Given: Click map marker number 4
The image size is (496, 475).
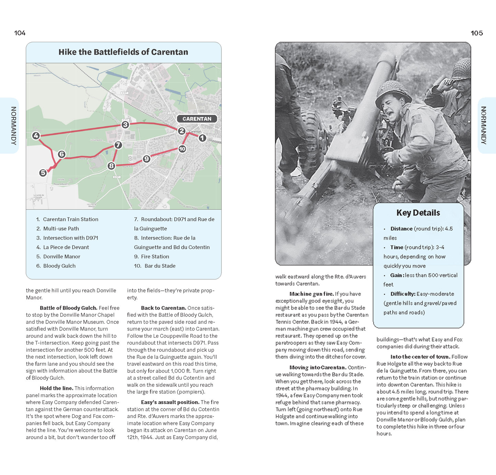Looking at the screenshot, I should coord(36,136).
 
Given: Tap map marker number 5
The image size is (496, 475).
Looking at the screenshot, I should coord(43,173).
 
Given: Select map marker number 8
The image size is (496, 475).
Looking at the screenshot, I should coord(111,166).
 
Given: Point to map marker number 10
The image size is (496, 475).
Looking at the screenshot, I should coord(182,149).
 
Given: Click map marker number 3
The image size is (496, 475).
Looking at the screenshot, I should coord(125,125).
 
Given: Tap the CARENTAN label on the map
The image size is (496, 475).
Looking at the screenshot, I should coord(197,119).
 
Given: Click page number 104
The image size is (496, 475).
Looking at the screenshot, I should coord(20,33).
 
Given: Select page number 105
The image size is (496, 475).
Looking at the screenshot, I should coord(476,33).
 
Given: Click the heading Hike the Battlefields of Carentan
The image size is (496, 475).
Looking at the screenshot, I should coord(123,52).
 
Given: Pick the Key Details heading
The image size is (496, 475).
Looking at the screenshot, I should coord(418,213).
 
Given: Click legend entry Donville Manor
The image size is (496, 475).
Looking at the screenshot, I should coord(61,256).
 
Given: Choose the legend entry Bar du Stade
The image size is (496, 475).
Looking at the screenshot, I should coord(160,266).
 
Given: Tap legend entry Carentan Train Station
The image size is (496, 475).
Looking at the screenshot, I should coord(70,219).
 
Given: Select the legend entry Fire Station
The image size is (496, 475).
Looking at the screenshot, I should coord(155,256).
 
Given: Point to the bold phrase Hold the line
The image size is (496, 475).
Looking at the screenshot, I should coord(56,388).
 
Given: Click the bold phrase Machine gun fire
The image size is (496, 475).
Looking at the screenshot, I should coord(311,294).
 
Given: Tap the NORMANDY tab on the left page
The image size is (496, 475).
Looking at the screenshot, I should coord(13,126).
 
